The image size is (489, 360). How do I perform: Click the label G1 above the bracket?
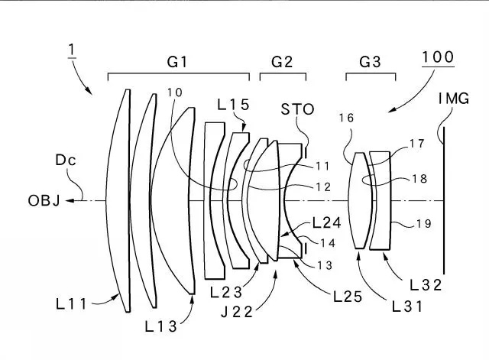click(177, 61)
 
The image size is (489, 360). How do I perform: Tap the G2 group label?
click(282, 61)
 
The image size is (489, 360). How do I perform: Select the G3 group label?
click(370, 61)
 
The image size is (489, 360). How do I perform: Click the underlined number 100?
click(438, 57)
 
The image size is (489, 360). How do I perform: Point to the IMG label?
click(454, 99)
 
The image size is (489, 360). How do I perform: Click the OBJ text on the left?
click(44, 200)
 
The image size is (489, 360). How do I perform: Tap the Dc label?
click(66, 160)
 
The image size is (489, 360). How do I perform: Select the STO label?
click(297, 109)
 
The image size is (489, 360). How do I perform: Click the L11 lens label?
click(71, 303)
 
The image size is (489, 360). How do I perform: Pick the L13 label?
click(161, 326)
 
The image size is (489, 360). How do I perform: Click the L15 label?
click(233, 105)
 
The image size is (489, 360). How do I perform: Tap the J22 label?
click(237, 312)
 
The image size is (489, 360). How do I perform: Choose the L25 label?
click(348, 297)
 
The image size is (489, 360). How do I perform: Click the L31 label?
click(406, 307)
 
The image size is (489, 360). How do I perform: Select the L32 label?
click(426, 285)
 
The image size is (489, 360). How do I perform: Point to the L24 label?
click(326, 222)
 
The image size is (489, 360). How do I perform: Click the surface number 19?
click(424, 223)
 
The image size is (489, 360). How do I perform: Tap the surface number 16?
click(346, 118)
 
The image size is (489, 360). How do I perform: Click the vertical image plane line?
click(444, 200)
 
